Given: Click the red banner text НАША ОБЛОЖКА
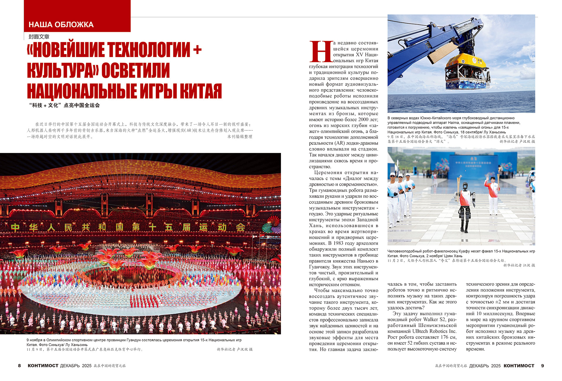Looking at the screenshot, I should point(61,25).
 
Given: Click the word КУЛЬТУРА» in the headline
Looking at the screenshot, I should point(63,70).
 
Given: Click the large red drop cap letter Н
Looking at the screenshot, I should point(321,51).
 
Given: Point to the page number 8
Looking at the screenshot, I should point(19,366).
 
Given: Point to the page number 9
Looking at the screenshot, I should point(542,366).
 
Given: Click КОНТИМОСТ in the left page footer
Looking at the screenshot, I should point(43,366).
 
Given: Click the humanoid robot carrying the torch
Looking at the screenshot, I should point(465,205).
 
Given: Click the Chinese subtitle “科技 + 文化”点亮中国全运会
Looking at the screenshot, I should point(64,105).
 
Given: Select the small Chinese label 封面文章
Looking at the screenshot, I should point(39,37).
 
